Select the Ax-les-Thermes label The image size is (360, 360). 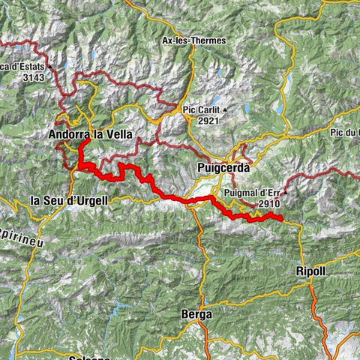tap(194, 41)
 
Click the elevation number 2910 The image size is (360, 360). tap(270, 203)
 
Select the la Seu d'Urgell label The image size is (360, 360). tap(69, 200)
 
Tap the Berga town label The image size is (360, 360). tap(196, 314)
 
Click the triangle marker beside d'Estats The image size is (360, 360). tap(49, 66)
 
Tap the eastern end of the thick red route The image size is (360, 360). tap(281, 218)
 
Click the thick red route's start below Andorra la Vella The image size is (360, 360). tap(88, 141)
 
